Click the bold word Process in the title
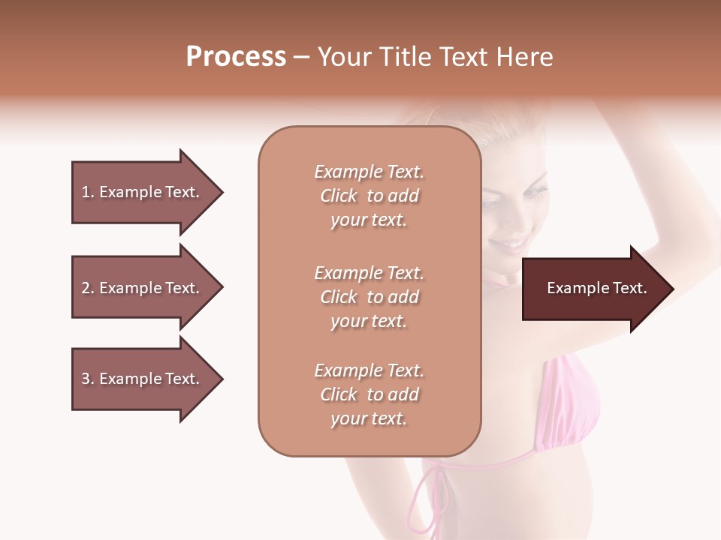pos(236,57)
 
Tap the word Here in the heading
pos(524,57)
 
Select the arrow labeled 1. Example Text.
pos(143,192)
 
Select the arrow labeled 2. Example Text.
pos(143,288)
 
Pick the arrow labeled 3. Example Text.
pos(143,379)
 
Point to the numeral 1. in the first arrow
pos(88,192)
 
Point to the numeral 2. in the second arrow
pos(88,288)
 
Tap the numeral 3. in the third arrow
pos(88,379)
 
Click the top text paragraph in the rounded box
pos(369,196)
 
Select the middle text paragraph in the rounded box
pos(369,297)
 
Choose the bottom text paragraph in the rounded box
pos(369,394)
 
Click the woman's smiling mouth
pos(511,244)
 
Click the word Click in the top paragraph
pos(338,196)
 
